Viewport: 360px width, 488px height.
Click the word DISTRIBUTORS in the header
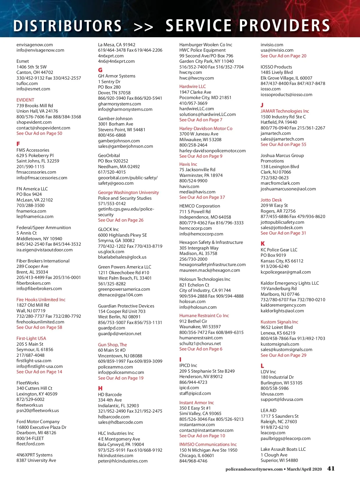coord(67,26)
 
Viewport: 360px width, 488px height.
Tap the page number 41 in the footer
coord(331,468)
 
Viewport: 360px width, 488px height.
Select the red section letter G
coord(100,70)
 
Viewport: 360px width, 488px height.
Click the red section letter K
coord(263,244)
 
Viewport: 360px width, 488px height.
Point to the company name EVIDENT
coord(25,100)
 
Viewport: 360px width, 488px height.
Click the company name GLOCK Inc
coord(108,229)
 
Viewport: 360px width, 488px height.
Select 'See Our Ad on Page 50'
coord(39,133)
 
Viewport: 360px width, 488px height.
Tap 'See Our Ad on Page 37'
coord(202,197)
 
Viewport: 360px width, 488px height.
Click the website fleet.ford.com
coord(30,444)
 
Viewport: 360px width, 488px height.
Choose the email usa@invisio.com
coord(277,50)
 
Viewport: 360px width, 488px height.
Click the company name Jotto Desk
coord(271,200)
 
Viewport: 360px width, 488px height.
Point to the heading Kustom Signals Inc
coord(279,322)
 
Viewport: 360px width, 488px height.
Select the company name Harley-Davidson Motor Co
coord(206,129)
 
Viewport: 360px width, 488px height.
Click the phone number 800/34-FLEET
coord(30,438)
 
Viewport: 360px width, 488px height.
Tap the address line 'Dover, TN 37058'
coord(114,93)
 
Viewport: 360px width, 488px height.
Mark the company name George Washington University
coord(128,192)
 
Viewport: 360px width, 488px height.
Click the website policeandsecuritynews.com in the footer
coord(254,469)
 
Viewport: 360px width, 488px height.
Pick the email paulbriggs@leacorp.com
coord(286,438)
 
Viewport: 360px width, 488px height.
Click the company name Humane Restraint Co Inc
coord(204,316)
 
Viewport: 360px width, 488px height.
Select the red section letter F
coord(18,144)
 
